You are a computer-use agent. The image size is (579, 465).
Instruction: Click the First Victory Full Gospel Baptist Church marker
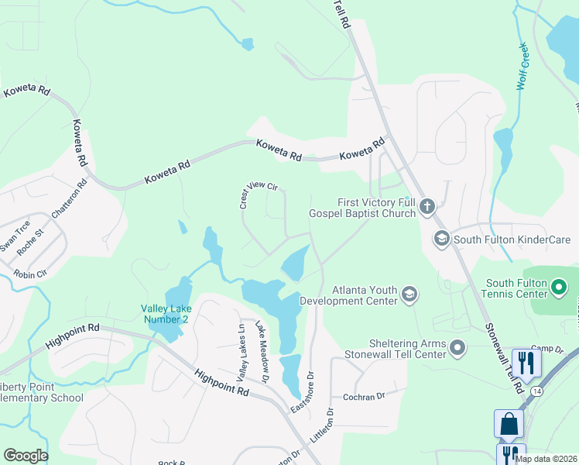point(428,206)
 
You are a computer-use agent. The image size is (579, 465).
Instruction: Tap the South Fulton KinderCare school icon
point(442,239)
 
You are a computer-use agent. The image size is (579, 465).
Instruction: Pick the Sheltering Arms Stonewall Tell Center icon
point(457,347)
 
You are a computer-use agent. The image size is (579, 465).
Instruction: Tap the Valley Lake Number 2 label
point(165,313)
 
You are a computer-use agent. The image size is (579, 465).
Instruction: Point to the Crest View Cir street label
point(258,195)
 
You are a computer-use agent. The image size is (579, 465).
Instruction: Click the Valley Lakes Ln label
point(241,353)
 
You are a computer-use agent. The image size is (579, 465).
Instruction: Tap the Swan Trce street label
point(15,236)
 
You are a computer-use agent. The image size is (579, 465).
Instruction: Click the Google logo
point(26,455)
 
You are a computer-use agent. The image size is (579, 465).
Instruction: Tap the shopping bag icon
point(509,424)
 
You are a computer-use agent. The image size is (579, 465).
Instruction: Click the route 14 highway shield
point(536,391)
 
